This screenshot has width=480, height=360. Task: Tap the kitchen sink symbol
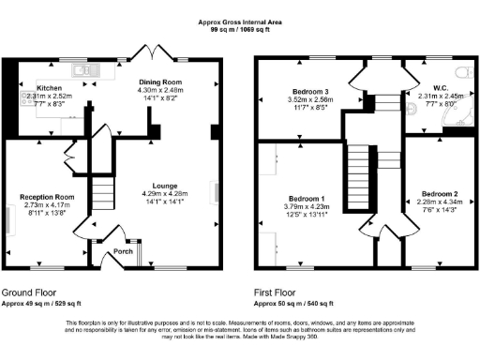[80, 67]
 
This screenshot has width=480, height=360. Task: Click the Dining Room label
[160, 82]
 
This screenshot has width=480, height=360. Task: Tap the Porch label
[123, 251]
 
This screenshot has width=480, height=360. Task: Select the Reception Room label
[47, 197]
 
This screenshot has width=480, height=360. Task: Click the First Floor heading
[281, 292]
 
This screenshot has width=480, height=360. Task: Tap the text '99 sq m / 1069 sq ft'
[239, 30]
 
